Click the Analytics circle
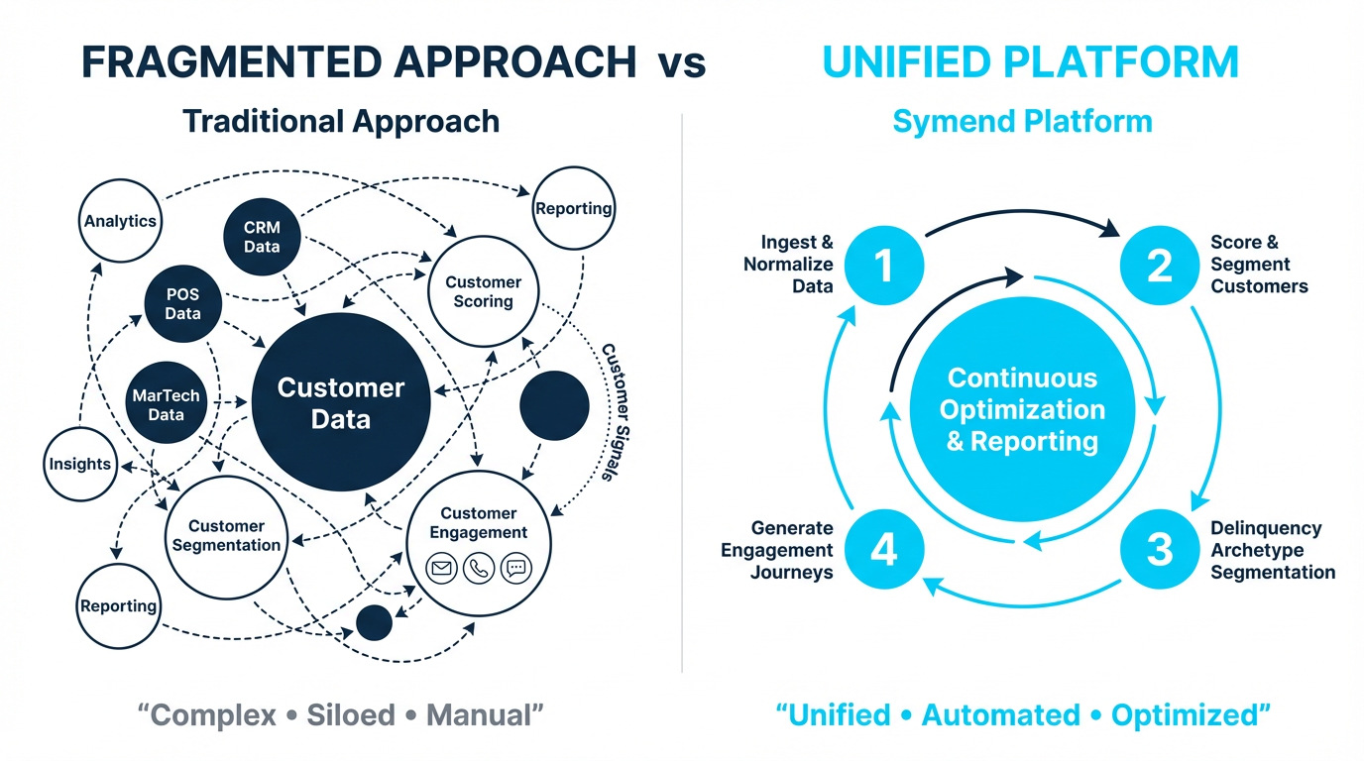(120, 221)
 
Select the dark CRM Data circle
(262, 237)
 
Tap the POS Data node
(182, 304)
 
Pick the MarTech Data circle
(166, 404)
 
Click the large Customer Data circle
(340, 402)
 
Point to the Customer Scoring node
(483, 291)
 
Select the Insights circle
(80, 464)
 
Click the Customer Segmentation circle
(227, 536)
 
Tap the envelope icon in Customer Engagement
(441, 569)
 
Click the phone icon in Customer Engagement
(479, 569)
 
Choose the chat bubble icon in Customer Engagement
(515, 569)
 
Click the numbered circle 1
(883, 266)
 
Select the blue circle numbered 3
(1160, 550)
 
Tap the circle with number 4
(883, 550)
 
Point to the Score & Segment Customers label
(1258, 265)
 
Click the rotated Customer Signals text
(609, 412)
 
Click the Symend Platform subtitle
(1022, 122)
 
